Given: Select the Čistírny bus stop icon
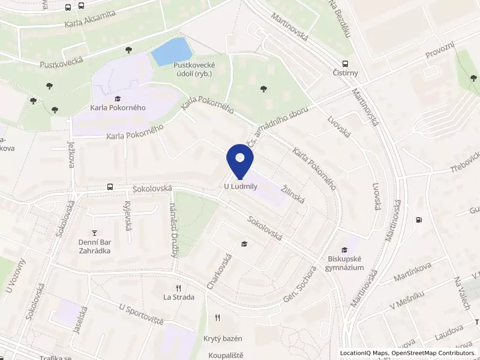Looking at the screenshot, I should click(345, 64).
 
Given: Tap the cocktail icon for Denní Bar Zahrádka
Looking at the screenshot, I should click(94, 232).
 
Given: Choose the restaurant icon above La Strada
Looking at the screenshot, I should click(178, 287).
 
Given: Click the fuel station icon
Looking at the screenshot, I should click(418, 220).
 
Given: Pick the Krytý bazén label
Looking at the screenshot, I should click(221, 339).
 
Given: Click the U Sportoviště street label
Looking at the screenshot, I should click(142, 314).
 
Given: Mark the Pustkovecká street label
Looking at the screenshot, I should click(59, 63).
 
